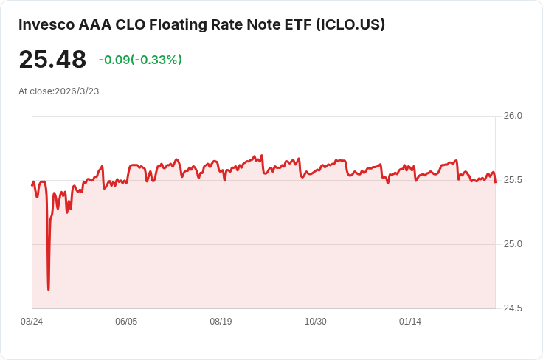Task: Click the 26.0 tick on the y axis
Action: coord(513,116)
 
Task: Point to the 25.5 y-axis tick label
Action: coord(513,180)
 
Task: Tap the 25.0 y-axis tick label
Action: coord(513,244)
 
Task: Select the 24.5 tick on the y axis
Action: coord(513,308)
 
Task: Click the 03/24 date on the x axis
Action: coord(32,322)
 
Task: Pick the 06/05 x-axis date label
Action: coord(126,322)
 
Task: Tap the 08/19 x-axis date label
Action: coord(221,322)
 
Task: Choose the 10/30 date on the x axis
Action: coord(315,322)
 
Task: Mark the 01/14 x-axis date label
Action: coord(410,322)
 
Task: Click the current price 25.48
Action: coord(52,60)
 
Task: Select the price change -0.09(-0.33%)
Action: coord(140,60)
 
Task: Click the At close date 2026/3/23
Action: coord(77,91)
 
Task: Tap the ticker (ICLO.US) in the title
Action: coord(350,24)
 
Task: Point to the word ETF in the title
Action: coord(295,24)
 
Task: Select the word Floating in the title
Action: coord(181,24)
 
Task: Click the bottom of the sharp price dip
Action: coord(48,289)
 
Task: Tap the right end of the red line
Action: coord(495,182)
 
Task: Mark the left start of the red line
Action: coord(32,184)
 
